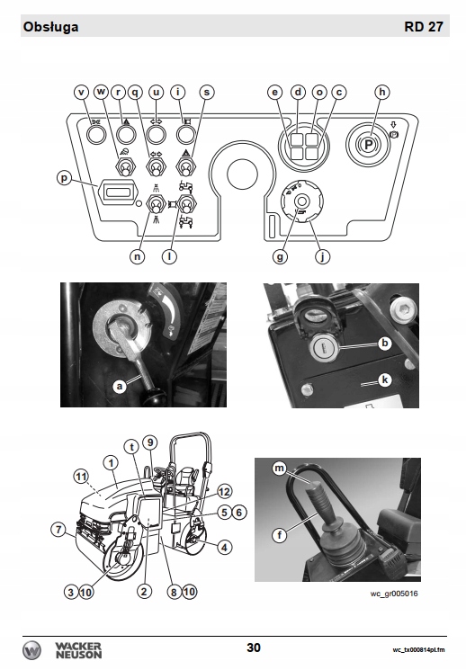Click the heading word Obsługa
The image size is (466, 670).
[x=51, y=27]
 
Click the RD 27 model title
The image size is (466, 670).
[x=424, y=26]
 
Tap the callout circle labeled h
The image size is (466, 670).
[x=382, y=92]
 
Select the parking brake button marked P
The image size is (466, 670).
[x=368, y=145]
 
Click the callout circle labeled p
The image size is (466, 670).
[x=65, y=177]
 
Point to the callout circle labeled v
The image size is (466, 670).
[x=81, y=92]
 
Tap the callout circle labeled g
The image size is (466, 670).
[x=280, y=256]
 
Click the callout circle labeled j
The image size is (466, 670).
[x=322, y=256]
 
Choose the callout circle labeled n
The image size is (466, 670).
[x=138, y=256]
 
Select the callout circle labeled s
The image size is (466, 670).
[x=207, y=92]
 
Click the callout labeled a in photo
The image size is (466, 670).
[x=120, y=387]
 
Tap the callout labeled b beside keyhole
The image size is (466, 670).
[x=385, y=343]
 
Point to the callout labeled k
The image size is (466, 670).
[x=385, y=380]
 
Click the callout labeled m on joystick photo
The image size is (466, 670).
[x=279, y=469]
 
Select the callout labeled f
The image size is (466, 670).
[x=280, y=534]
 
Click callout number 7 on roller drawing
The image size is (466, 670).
[x=59, y=530]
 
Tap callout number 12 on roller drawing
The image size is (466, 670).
[x=224, y=492]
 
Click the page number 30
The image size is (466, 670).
[x=254, y=648]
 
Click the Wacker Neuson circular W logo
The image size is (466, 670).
[x=32, y=650]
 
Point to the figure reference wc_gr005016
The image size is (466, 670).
[x=394, y=594]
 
